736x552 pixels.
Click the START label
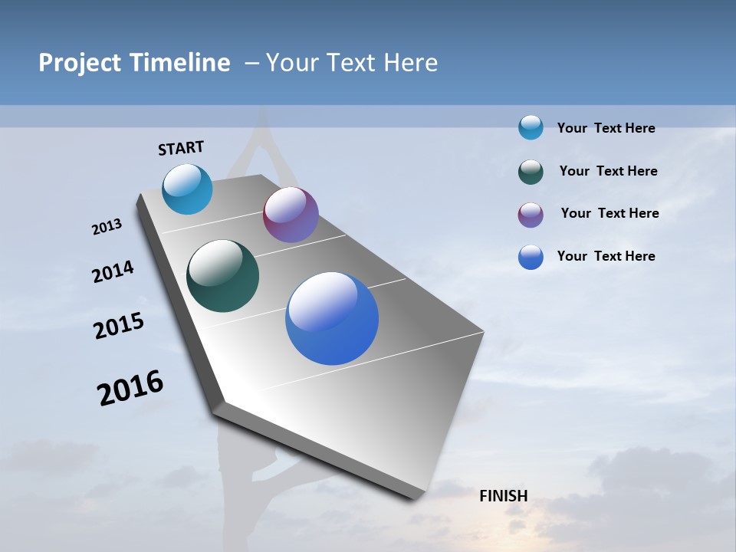(181, 148)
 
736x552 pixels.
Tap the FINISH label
(504, 496)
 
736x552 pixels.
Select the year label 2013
(107, 227)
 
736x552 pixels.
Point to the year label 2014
(113, 271)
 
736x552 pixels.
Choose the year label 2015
(119, 326)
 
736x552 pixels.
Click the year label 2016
(130, 388)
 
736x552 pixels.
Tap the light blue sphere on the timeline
(188, 189)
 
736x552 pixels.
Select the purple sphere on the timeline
(291, 215)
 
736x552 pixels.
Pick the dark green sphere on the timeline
(223, 276)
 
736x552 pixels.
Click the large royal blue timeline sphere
(332, 318)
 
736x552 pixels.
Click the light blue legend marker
(531, 127)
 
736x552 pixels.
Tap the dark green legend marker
(531, 172)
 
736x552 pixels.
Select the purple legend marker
(531, 215)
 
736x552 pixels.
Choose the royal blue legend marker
(531, 257)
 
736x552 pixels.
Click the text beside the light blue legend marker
(606, 129)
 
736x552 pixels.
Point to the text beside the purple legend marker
(609, 213)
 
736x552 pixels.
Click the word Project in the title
(80, 63)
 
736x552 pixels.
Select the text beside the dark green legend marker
(608, 171)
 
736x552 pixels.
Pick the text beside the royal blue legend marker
(606, 256)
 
